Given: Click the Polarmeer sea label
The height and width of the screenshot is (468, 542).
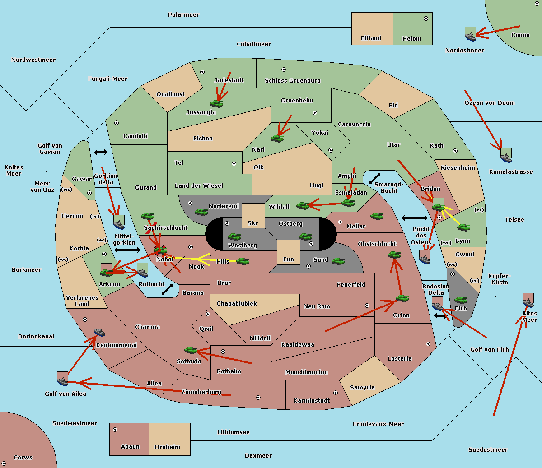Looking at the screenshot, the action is pos(183,15).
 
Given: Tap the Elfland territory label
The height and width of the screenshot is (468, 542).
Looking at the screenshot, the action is pos(371,38).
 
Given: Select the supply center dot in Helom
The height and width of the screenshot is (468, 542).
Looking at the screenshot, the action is pos(426,19).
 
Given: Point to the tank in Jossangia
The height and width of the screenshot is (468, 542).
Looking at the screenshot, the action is pos(217,103).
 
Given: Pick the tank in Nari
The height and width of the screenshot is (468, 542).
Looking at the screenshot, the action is pos(277,138).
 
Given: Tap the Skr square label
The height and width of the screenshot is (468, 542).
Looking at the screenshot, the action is pos(253,223).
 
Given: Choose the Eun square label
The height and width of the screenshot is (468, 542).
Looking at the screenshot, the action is pos(289,259).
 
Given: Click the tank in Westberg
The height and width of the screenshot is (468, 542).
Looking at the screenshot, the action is pos(234,237).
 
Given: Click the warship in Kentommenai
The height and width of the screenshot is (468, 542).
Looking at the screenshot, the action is pos(100,331).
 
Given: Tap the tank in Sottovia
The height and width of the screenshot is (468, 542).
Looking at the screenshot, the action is pos(191,350).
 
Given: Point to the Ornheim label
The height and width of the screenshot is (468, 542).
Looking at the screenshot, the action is pos(167,447).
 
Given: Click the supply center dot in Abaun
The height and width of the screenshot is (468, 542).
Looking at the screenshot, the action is pos(115,430).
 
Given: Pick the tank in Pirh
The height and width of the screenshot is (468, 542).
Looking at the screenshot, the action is pos(461,300).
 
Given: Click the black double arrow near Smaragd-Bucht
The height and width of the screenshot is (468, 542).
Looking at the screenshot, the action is pos(374,178).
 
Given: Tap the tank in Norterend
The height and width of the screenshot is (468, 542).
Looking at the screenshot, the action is pos(201,212).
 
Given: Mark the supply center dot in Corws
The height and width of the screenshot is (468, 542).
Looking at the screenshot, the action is pos(4,463).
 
